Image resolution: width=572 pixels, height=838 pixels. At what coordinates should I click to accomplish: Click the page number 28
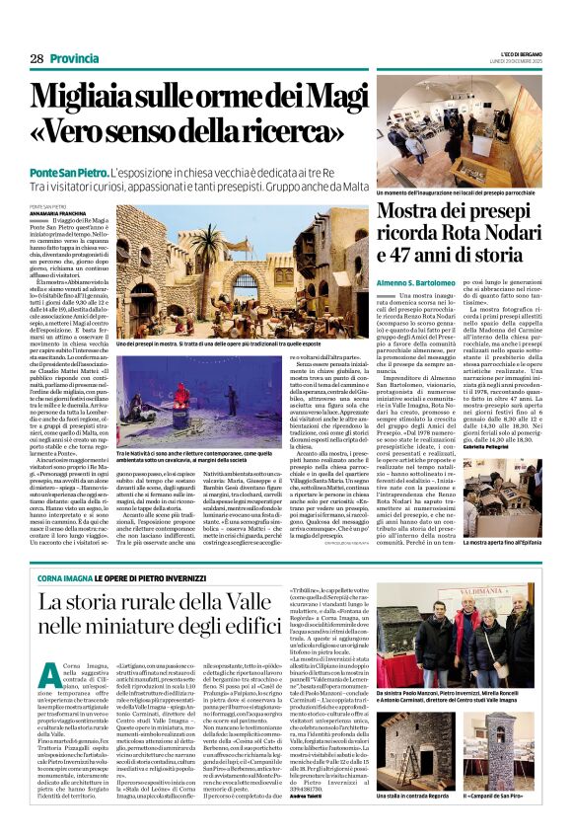(x=36, y=59)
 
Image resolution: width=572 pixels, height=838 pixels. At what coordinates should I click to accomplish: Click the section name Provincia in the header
(x=75, y=59)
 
